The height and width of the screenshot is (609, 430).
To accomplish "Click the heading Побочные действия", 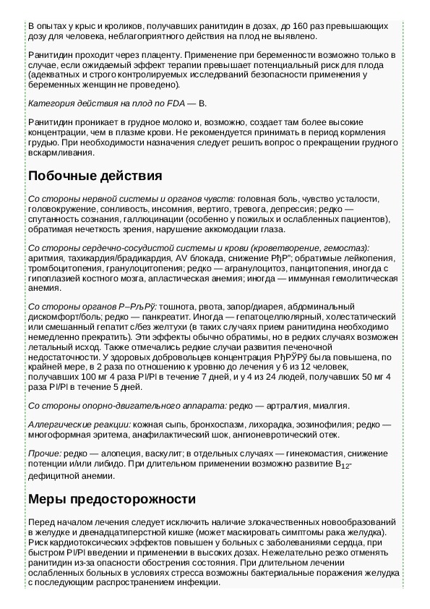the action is pyautogui.click(x=95, y=176).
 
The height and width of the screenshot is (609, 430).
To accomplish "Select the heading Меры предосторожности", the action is pyautogui.click(x=112, y=499).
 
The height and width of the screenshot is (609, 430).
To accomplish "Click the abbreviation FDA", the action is pyautogui.click(x=176, y=104).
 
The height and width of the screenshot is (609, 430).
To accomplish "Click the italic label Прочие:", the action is pyautogui.click(x=44, y=453).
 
